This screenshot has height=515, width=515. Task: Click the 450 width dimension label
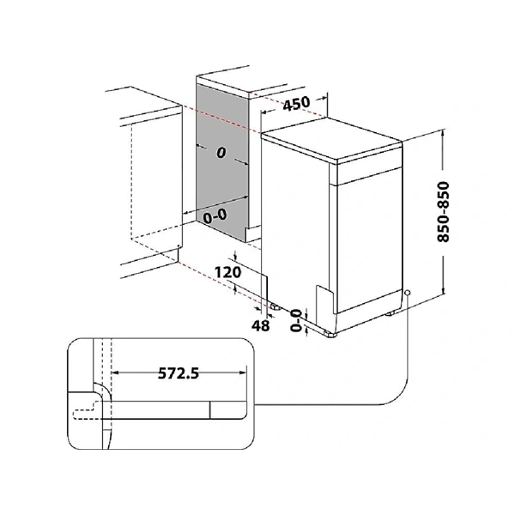tap(296, 104)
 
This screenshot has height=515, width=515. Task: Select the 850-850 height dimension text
tap(443, 212)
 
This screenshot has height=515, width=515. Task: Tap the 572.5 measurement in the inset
tap(179, 373)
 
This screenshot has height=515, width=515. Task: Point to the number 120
tap(227, 272)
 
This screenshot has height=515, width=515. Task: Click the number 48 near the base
tap(260, 325)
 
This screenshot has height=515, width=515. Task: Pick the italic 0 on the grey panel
tap(221, 153)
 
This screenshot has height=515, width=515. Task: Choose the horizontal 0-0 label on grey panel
tap(215, 216)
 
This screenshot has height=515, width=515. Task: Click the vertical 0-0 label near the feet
tap(296, 320)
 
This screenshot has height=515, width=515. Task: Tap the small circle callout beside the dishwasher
tap(408, 293)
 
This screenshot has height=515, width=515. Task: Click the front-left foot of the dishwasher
tap(330, 333)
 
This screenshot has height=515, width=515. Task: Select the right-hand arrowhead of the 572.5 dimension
tap(243, 373)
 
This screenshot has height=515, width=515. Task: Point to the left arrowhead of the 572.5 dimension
tap(115, 373)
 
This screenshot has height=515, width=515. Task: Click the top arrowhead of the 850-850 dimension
tap(444, 133)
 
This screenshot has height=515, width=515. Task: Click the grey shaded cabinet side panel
tap(221, 162)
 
